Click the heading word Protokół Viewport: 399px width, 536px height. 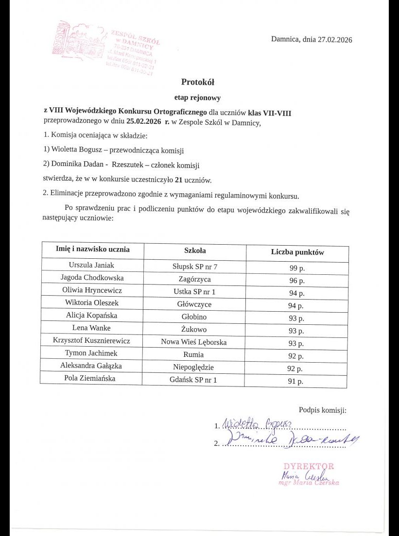coord(197,82)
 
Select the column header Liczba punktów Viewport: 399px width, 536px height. coord(297,252)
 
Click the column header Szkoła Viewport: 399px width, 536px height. coord(194,251)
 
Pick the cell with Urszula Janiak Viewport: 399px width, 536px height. coord(91,265)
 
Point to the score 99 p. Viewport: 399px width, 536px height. coord(296,268)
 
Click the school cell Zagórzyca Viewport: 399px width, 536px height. coord(194,279)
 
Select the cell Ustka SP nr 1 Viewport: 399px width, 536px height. coord(194,292)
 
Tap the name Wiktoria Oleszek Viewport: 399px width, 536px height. coord(92,303)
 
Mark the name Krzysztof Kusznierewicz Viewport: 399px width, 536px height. coord(91,341)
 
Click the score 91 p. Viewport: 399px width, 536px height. coord(295,382)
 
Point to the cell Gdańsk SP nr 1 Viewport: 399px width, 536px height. coord(194,380)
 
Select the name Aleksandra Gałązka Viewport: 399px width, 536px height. coord(91,366)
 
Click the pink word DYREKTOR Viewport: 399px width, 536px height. coord(309,467)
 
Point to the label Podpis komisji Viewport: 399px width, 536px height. coord(322,410)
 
